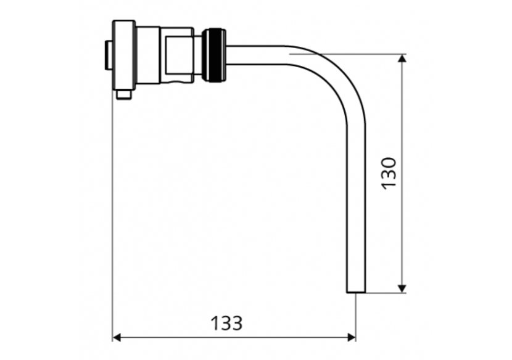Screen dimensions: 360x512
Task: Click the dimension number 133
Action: coord(226,323)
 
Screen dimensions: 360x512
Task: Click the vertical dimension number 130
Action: coord(388,173)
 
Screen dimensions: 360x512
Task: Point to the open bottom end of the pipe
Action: coord(356,290)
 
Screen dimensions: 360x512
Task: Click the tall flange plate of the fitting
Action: coord(123,55)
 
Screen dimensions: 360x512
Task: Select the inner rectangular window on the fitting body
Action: coord(178,55)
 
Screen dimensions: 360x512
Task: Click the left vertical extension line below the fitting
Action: coord(112,216)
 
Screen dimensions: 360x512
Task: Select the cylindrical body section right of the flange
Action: coord(150,55)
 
